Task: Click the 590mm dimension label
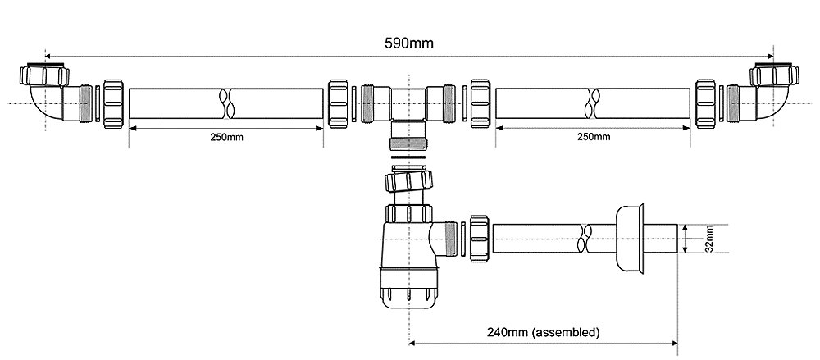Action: (x=409, y=43)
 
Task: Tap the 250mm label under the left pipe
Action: (x=226, y=138)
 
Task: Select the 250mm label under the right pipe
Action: (x=594, y=137)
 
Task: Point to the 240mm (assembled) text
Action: (x=544, y=332)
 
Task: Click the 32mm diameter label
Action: (x=708, y=239)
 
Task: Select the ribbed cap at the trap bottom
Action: (x=408, y=296)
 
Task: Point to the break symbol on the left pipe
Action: (x=226, y=103)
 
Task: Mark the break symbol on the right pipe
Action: (x=594, y=103)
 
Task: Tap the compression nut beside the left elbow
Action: (x=113, y=103)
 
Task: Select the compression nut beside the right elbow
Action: (x=705, y=103)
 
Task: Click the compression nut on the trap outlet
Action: (x=480, y=238)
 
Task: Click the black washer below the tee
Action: (x=408, y=157)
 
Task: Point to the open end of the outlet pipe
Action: (x=678, y=239)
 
